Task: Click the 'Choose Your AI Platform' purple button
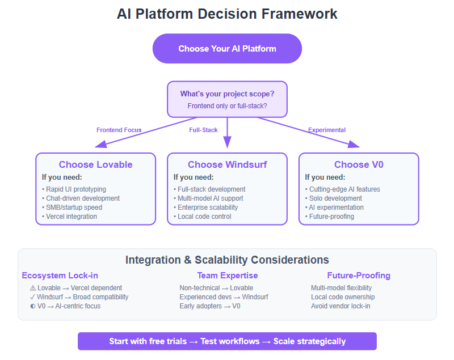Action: click(x=227, y=49)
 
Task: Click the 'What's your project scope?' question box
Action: click(x=227, y=99)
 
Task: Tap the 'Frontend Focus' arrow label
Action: click(x=119, y=130)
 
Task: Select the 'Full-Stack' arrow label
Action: click(x=203, y=130)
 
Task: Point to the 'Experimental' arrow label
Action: click(x=327, y=130)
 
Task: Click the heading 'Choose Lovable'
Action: click(x=95, y=165)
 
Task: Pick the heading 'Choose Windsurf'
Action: click(x=227, y=165)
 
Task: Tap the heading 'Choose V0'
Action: click(x=359, y=165)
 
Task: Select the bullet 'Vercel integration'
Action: click(x=71, y=217)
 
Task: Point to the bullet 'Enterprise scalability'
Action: click(x=207, y=207)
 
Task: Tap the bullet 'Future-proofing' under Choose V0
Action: click(x=331, y=217)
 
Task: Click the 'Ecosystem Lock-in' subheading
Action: click(x=60, y=276)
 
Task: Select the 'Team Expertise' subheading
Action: click(x=227, y=276)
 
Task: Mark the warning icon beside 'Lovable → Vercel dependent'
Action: click(x=32, y=288)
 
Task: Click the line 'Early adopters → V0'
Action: click(x=210, y=306)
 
